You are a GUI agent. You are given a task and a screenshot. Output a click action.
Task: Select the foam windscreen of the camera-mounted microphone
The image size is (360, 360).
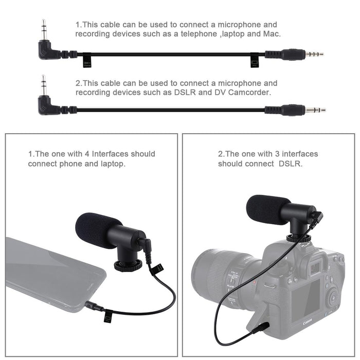click(x=267, y=209)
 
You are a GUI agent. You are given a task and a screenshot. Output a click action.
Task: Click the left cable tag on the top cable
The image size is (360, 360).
click(x=87, y=62)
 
